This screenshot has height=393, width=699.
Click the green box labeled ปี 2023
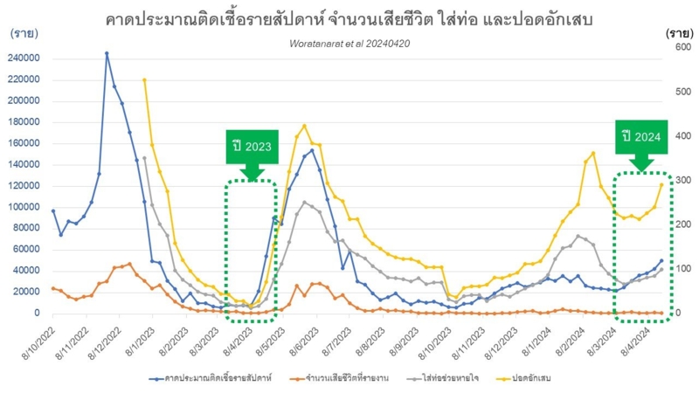(252, 146)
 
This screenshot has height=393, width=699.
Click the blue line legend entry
(207, 378)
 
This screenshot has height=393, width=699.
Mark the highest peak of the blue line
(107, 53)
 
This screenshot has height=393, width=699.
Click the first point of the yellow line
(144, 79)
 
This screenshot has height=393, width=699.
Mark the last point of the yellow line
(661, 183)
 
